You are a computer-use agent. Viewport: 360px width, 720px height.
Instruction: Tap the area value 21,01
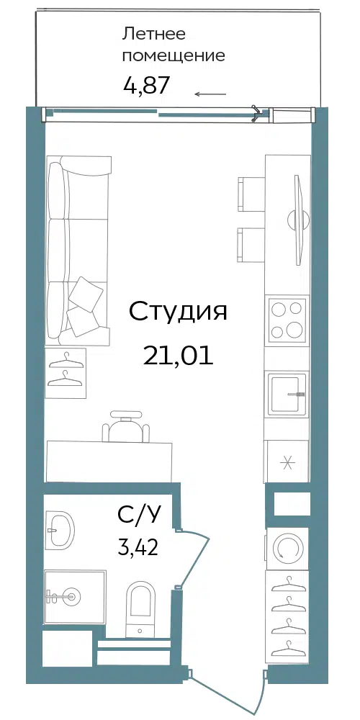[x=178, y=356]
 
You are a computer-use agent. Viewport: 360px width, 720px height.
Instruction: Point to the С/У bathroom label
[x=140, y=516]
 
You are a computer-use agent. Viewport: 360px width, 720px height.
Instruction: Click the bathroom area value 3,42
[x=138, y=547]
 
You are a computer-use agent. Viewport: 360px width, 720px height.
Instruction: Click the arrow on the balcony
[x=210, y=94]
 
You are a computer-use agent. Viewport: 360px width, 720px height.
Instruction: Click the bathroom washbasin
[x=60, y=529]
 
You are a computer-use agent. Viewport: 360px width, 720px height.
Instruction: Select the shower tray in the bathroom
[x=75, y=596]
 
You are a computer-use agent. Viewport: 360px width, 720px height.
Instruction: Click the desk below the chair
[x=109, y=462]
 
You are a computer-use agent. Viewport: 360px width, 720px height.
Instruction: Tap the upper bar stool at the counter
[x=251, y=194]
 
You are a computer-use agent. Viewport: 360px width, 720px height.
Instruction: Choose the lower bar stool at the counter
[x=251, y=245]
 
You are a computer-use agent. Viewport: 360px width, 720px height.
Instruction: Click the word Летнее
[x=153, y=34]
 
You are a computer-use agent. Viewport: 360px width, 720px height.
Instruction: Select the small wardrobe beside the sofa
[x=66, y=373]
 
